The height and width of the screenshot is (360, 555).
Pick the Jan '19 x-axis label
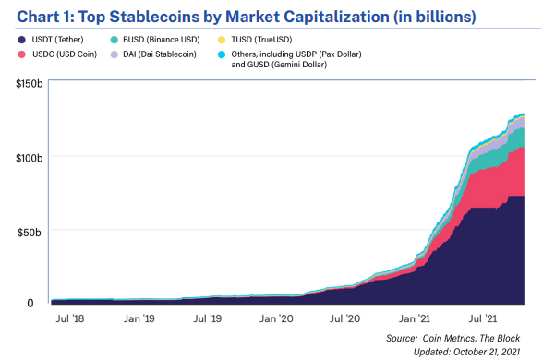click(x=139, y=318)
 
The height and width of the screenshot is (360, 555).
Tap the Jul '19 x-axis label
click(x=207, y=318)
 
